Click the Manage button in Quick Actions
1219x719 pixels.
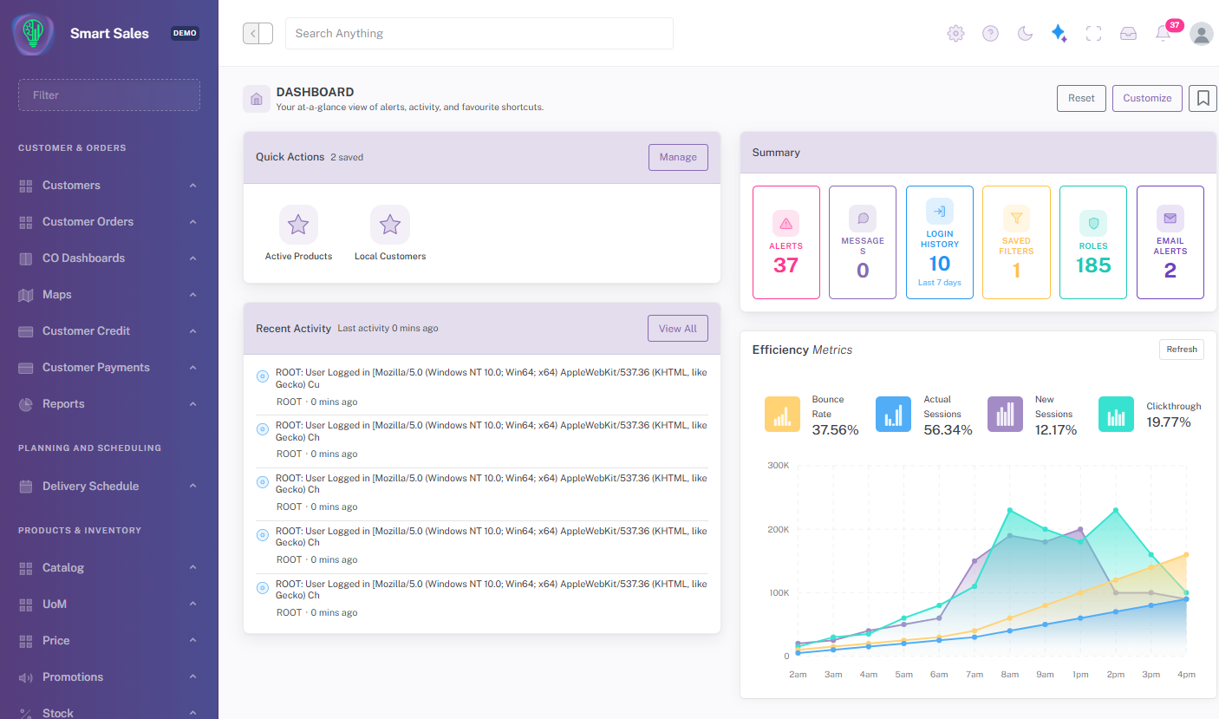click(x=678, y=157)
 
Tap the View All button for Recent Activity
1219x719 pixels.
click(x=677, y=329)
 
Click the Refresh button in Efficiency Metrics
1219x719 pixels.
click(x=1182, y=350)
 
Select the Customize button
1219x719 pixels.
click(x=1147, y=99)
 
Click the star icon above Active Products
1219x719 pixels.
click(x=298, y=225)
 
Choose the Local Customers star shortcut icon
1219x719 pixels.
click(x=389, y=225)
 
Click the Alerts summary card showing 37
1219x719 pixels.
click(x=786, y=243)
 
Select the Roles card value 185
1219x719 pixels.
click(x=1093, y=265)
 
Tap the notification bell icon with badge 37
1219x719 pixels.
click(x=1163, y=34)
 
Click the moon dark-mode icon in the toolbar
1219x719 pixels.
click(x=1025, y=34)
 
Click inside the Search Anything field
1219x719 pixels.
click(x=479, y=34)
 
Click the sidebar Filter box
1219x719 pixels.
click(x=109, y=95)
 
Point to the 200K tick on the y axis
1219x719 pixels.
click(x=779, y=530)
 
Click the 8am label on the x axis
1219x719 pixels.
click(x=1009, y=675)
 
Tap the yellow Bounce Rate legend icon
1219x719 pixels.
click(x=782, y=415)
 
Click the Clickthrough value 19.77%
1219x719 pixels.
click(x=1169, y=422)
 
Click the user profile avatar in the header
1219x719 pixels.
click(x=1201, y=34)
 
